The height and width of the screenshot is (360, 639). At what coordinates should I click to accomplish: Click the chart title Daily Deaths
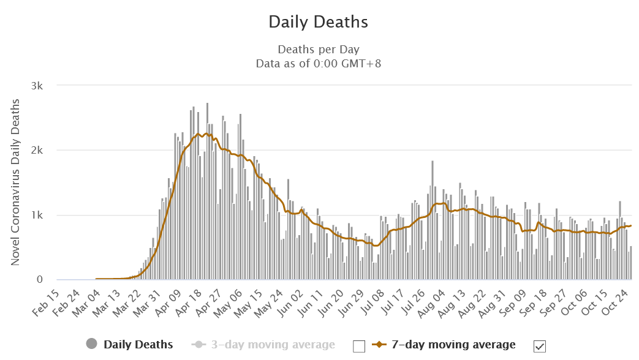(x=319, y=22)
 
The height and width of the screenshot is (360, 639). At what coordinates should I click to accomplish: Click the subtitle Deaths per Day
(x=319, y=49)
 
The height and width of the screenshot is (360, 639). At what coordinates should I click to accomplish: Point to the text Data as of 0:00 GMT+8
(x=319, y=62)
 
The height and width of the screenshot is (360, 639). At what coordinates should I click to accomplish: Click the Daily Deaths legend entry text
(x=138, y=345)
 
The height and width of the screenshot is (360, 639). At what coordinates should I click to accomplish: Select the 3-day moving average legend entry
(x=273, y=345)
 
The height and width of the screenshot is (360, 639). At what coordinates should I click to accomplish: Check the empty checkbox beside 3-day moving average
(x=359, y=347)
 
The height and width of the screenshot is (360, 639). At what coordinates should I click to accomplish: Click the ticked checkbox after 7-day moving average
(x=540, y=347)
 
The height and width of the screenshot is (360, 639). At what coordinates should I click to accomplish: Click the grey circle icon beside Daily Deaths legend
(x=91, y=345)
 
